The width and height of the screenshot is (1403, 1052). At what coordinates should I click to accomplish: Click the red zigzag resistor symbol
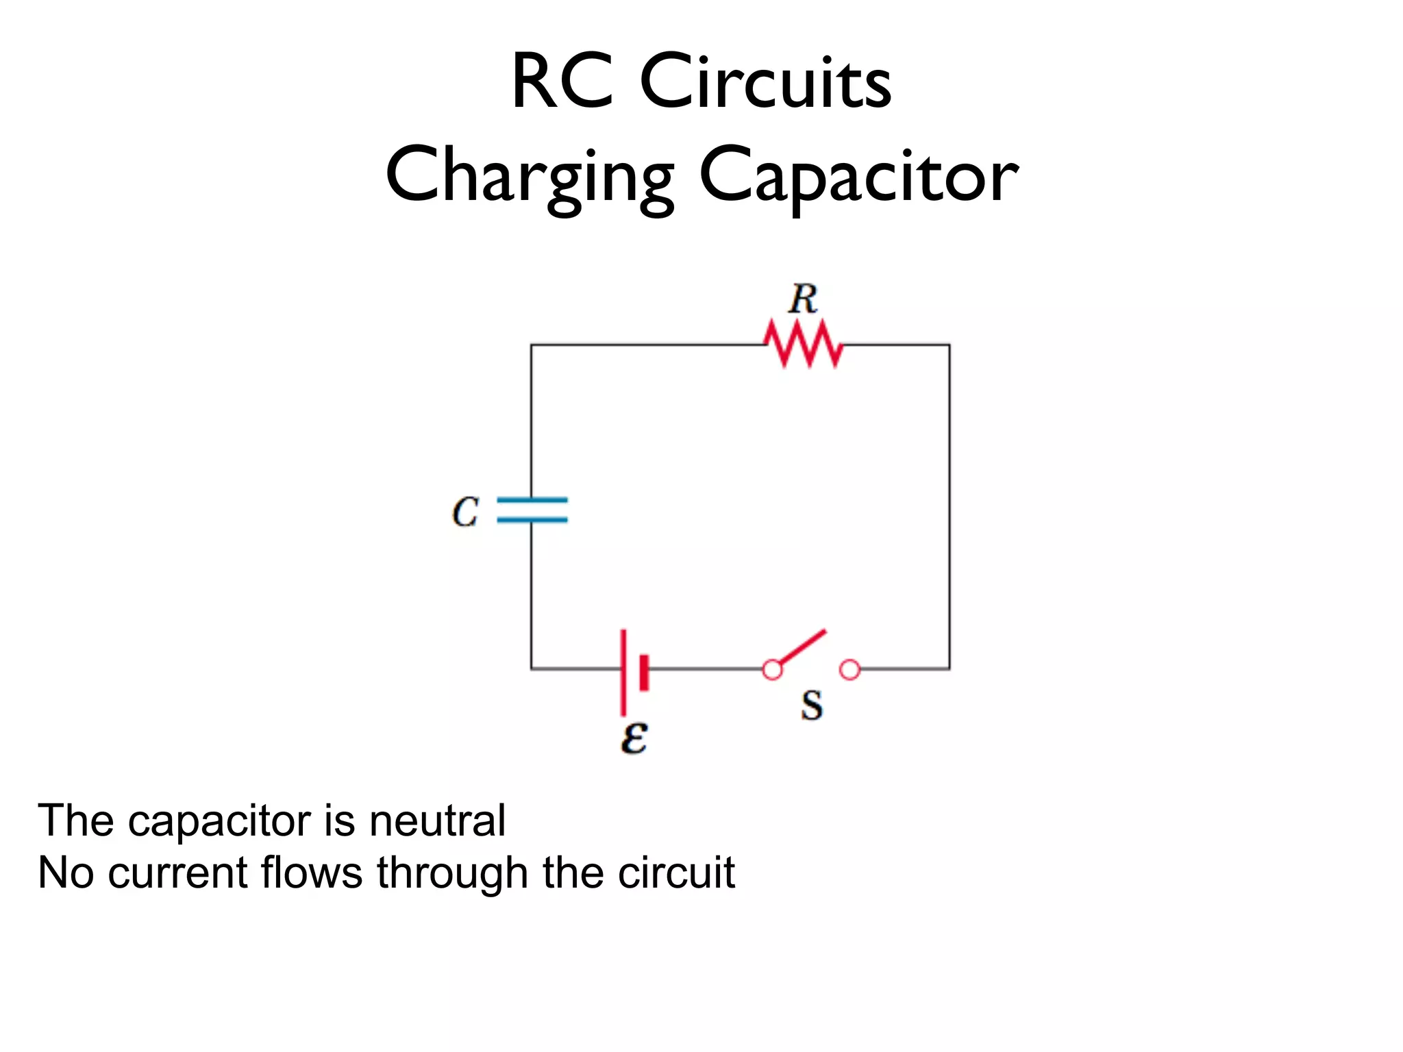click(x=804, y=344)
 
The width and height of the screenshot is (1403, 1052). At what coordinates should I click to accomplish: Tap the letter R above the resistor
click(x=803, y=299)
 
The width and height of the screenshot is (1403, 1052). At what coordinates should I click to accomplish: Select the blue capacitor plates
click(x=532, y=510)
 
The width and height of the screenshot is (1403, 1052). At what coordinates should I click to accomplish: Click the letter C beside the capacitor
click(x=465, y=512)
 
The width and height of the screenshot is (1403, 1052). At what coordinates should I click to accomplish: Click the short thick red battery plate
click(x=644, y=672)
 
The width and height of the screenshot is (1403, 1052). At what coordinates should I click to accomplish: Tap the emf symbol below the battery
click(x=634, y=738)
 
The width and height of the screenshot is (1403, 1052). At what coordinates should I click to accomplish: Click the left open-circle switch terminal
click(x=772, y=670)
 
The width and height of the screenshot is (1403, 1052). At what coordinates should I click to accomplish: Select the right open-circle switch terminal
click(x=849, y=670)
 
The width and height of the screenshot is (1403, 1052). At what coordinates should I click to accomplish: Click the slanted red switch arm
click(x=802, y=647)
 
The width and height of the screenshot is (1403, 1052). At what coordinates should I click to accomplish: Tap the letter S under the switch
click(x=812, y=705)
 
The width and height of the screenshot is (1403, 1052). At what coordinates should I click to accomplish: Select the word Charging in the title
click(x=530, y=177)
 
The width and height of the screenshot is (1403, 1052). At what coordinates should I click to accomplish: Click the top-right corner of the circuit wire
click(x=949, y=345)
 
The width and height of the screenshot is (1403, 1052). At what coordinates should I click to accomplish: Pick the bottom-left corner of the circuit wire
click(x=532, y=668)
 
